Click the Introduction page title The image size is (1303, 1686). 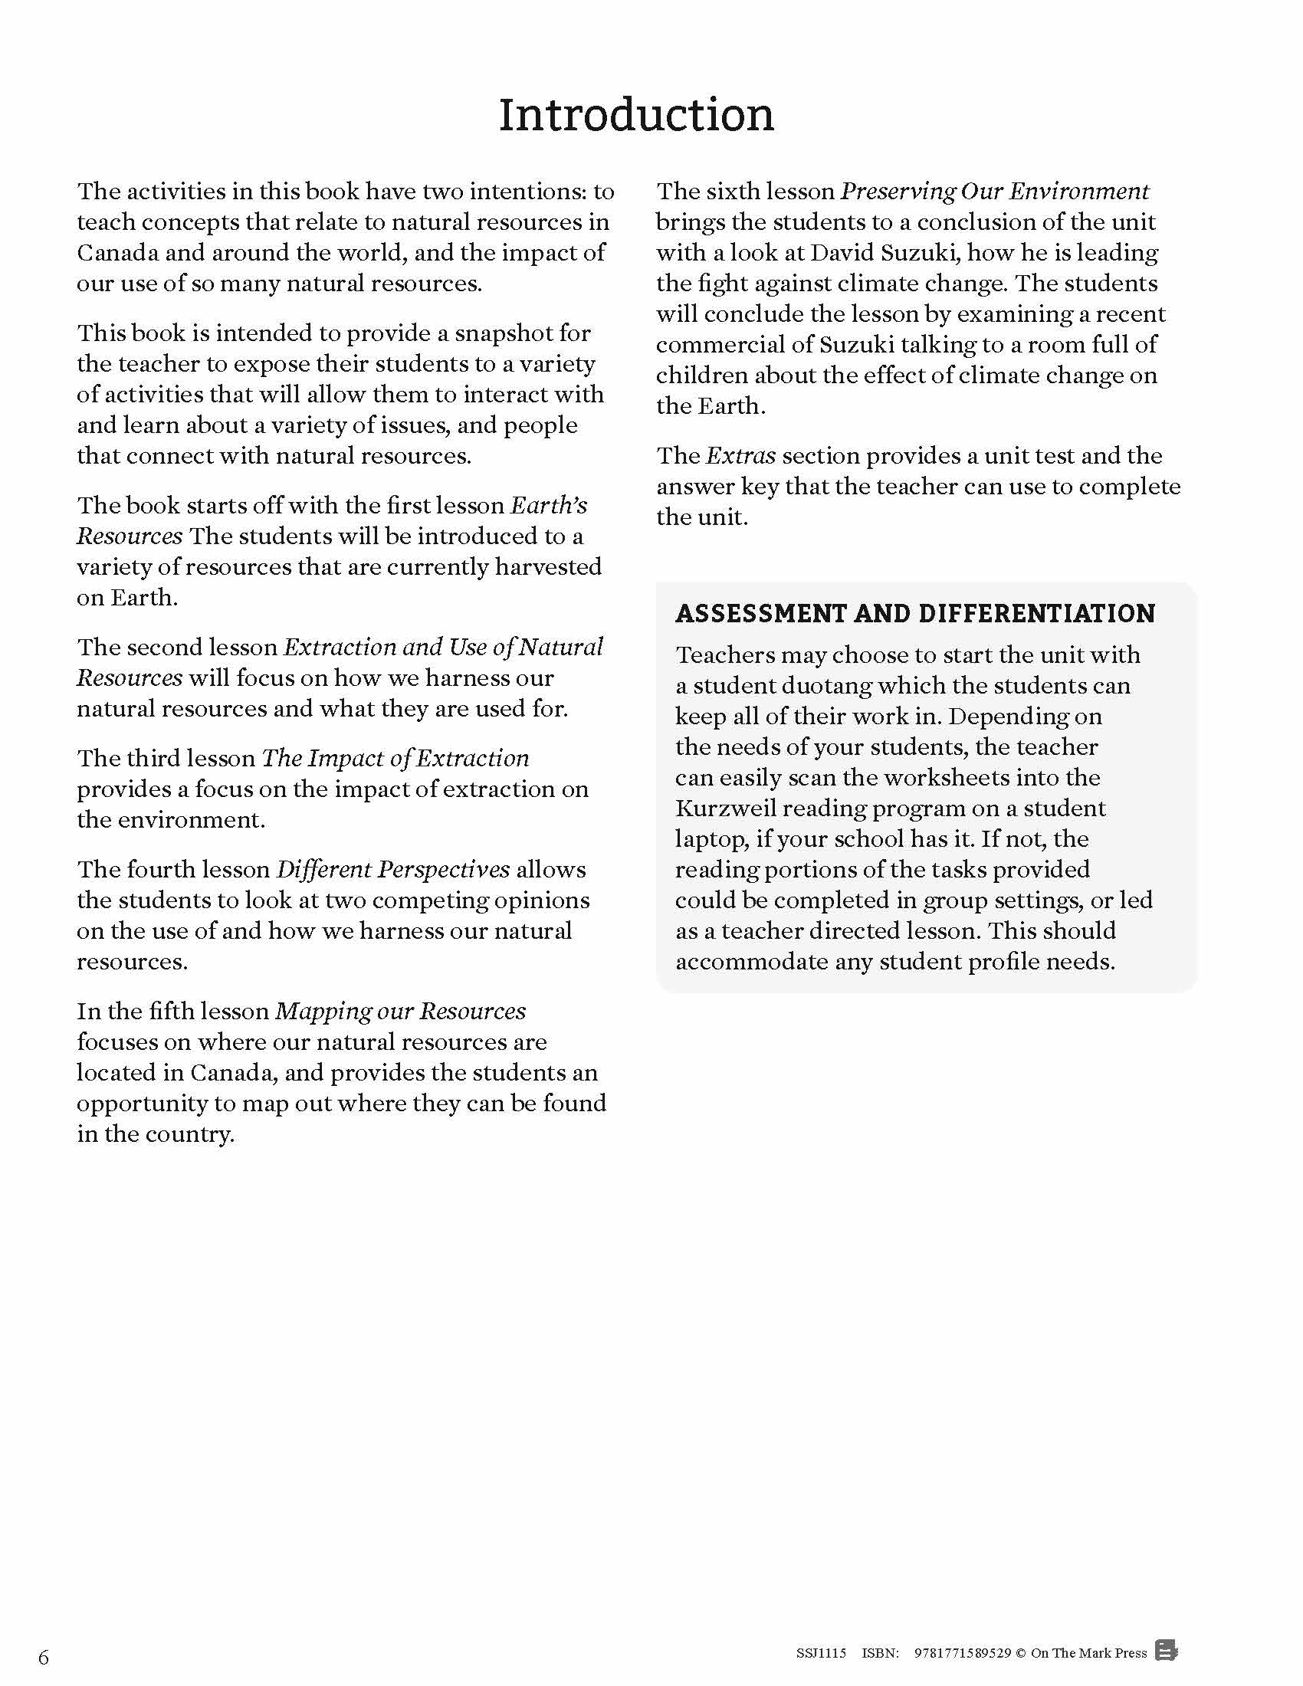click(636, 116)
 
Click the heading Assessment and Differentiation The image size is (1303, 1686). click(914, 614)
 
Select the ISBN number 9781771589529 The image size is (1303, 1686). click(962, 1653)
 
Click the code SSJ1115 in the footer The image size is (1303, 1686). click(822, 1653)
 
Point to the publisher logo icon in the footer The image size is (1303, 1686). click(1167, 1652)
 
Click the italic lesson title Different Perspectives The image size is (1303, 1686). click(392, 870)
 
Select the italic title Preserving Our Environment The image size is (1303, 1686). click(994, 192)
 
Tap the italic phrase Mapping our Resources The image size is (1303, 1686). click(400, 1012)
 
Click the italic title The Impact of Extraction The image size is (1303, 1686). click(395, 759)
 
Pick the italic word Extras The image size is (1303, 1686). click(740, 456)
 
